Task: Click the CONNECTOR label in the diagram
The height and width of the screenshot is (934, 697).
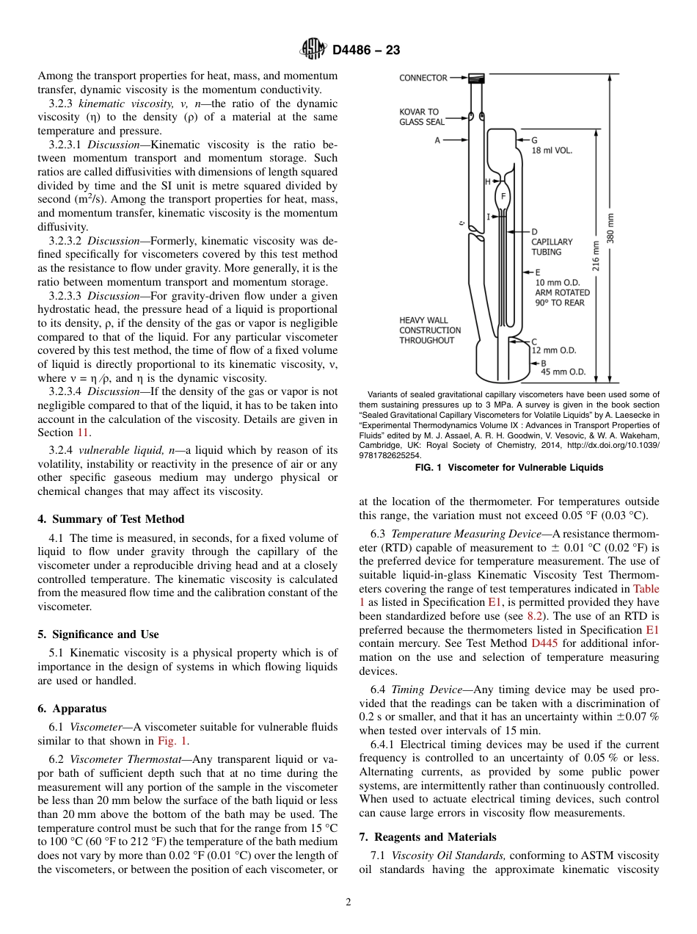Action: (x=423, y=78)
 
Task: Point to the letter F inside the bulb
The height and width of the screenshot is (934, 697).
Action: (x=503, y=197)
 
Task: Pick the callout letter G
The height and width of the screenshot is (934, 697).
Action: (x=534, y=140)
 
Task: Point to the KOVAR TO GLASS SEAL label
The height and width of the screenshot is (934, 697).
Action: (x=422, y=117)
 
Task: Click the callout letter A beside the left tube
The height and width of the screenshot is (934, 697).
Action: (x=437, y=140)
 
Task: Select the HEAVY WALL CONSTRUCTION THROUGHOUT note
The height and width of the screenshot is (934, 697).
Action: (x=430, y=330)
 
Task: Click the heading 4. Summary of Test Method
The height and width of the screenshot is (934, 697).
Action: (x=111, y=519)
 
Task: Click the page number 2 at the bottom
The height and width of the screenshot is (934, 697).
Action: (x=348, y=902)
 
